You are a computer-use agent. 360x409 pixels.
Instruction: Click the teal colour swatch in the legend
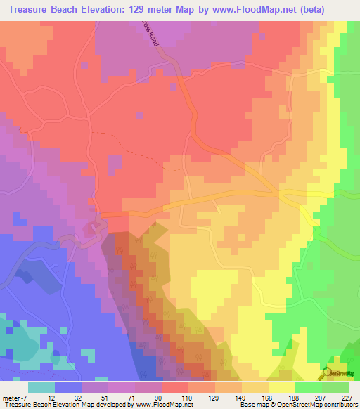41,386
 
